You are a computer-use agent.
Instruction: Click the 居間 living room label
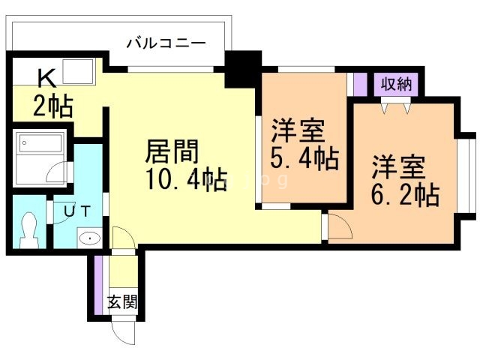172,152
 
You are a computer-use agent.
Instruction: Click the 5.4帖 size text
304,158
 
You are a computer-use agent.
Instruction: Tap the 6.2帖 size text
405,194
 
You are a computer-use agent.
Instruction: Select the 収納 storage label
394,83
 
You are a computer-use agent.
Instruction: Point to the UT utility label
77,211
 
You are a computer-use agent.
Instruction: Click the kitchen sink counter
76,73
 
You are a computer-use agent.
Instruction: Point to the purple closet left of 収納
361,84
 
